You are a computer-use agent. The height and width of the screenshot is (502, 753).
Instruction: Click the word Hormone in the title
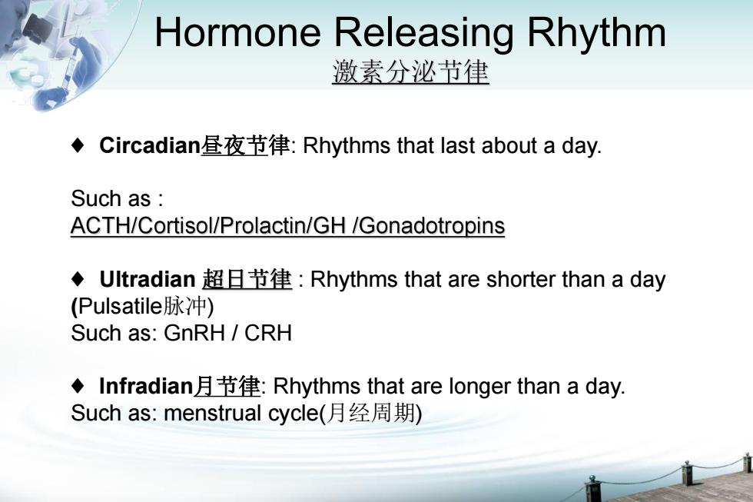(237, 32)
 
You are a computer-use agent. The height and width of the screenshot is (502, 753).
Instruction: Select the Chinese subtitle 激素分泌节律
(410, 72)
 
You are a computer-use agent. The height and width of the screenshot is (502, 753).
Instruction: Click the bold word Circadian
(150, 145)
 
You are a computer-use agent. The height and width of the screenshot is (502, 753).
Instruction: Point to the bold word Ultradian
(147, 279)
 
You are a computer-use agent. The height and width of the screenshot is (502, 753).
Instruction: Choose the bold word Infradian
(146, 386)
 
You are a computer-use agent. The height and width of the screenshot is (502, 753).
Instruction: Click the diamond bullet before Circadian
(78, 145)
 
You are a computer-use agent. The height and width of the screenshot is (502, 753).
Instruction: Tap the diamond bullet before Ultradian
(78, 278)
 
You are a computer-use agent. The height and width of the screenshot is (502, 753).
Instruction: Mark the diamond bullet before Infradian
(78, 386)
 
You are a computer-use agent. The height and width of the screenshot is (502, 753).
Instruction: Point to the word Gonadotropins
(432, 225)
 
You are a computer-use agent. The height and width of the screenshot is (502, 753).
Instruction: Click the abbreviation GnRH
(194, 333)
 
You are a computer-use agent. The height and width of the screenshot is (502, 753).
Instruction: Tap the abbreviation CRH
(268, 333)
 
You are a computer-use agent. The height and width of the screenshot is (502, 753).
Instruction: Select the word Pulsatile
(120, 306)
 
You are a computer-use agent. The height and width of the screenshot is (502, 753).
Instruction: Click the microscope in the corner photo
(38, 28)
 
